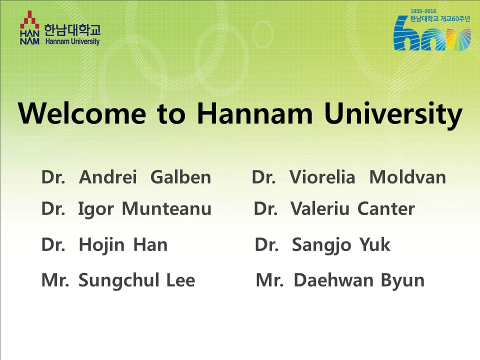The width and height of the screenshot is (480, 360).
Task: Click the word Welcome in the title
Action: (82, 113)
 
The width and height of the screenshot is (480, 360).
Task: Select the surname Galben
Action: (181, 177)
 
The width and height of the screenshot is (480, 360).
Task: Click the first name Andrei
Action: (108, 177)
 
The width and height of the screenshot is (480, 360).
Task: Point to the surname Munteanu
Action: (166, 208)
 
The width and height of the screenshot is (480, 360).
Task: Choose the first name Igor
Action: (96, 209)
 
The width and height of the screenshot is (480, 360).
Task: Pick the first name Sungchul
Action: (119, 281)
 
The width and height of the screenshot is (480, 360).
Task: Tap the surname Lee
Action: (180, 280)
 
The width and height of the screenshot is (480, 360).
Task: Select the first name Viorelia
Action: (322, 177)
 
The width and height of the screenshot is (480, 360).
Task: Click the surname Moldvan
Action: (408, 177)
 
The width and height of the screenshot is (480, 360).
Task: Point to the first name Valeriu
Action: (320, 208)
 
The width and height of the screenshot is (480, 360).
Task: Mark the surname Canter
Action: (386, 208)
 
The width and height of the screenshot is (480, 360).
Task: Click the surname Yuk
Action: (374, 244)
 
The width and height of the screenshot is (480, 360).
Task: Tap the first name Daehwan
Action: (333, 280)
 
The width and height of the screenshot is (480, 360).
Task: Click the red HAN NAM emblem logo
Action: (29, 27)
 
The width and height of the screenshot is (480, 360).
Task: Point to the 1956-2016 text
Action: (423, 11)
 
